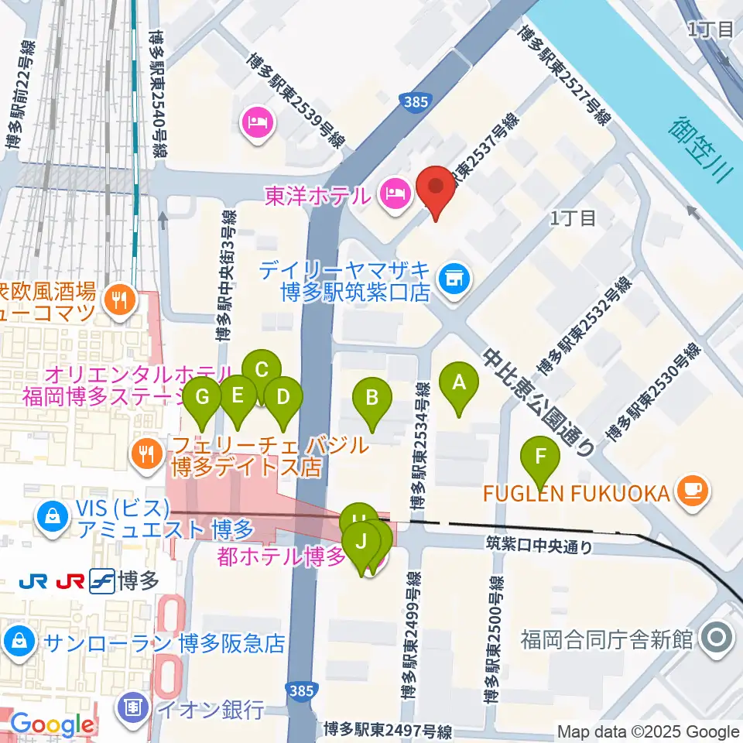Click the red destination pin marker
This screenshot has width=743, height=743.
(x=436, y=192)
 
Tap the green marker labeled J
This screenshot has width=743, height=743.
(x=361, y=542)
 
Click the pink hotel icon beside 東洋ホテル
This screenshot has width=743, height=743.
(x=394, y=190)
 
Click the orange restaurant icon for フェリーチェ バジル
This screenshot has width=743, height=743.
(x=145, y=450)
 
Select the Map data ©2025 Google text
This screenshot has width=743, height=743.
(x=649, y=731)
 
